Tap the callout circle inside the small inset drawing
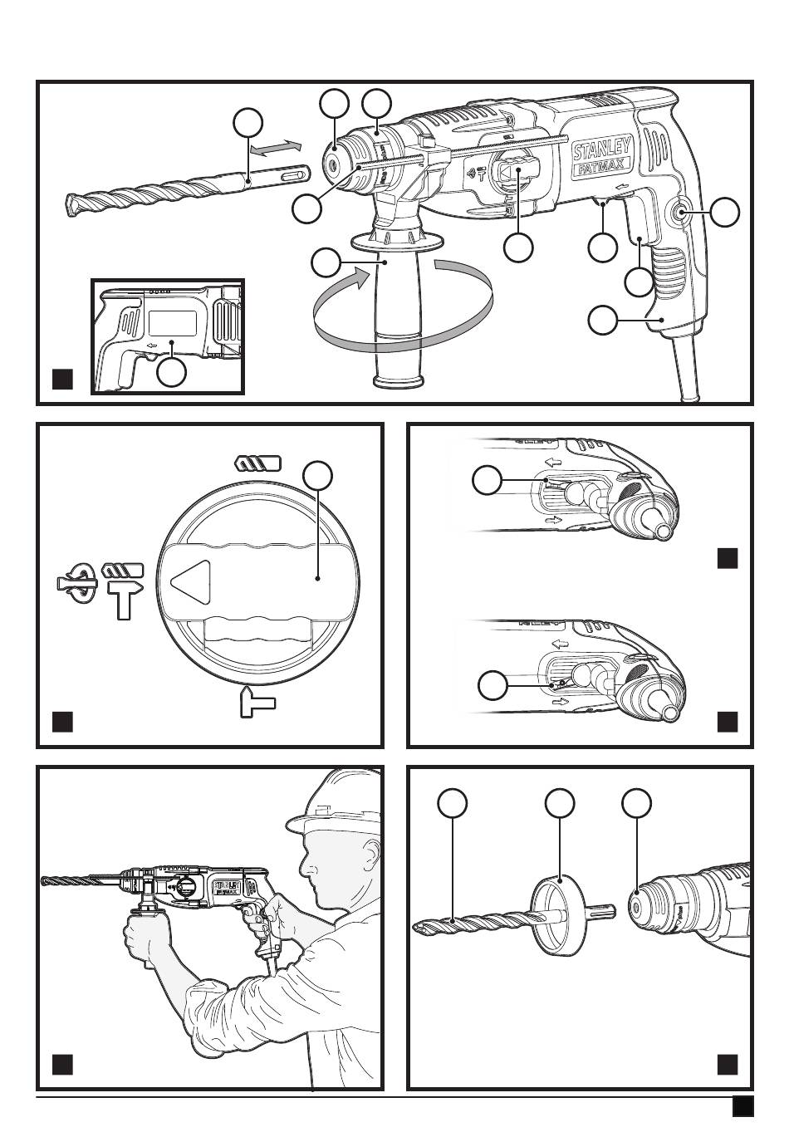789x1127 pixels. [x=172, y=372]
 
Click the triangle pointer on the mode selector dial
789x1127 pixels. [x=190, y=578]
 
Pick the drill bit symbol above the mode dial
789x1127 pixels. [x=258, y=463]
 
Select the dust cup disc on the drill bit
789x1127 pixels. [x=554, y=917]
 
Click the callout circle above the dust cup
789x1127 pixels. [x=561, y=803]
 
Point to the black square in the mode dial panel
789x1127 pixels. [x=63, y=721]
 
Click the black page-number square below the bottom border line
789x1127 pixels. [x=742, y=1108]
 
